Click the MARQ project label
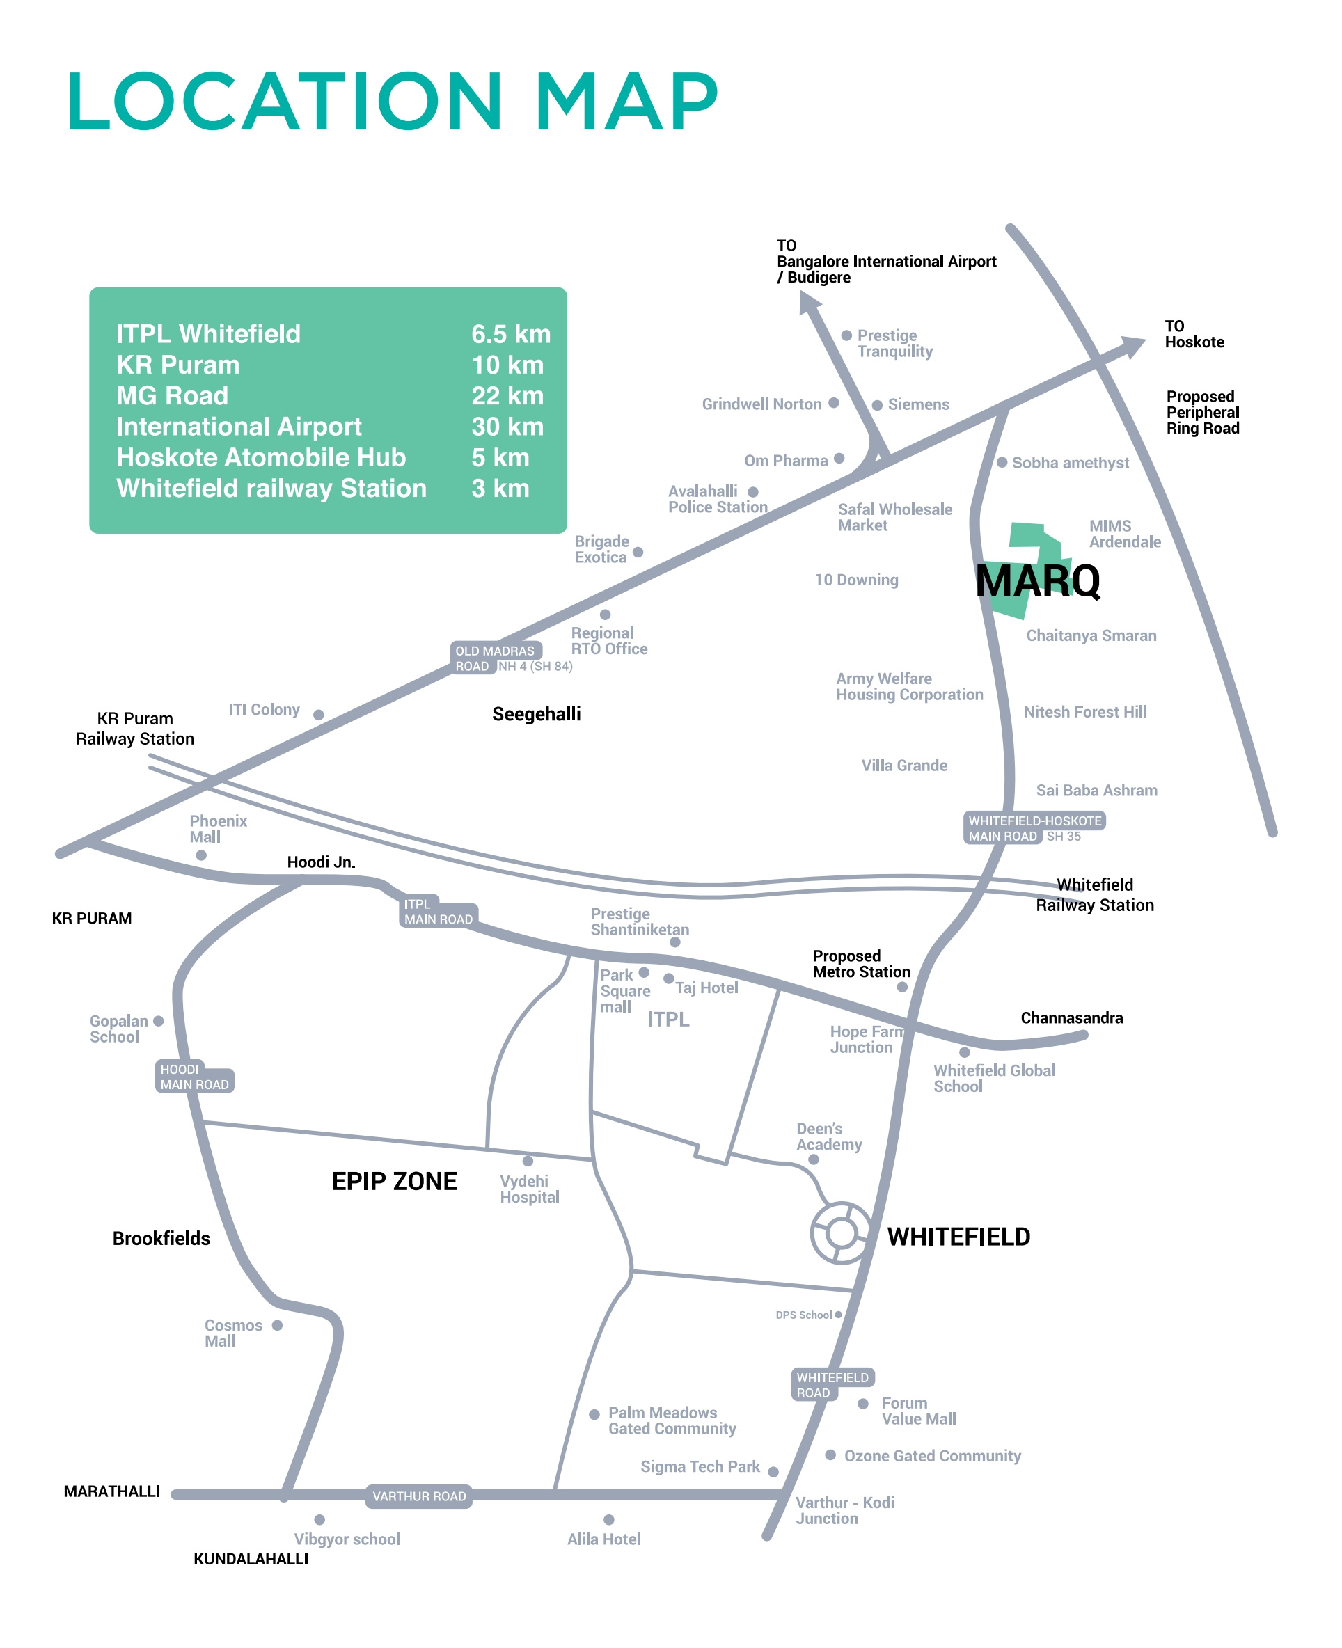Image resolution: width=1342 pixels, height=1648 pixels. pos(1037,580)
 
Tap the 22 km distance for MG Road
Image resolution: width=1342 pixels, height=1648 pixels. pos(507,396)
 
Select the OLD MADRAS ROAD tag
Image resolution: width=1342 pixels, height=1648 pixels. pos(496,658)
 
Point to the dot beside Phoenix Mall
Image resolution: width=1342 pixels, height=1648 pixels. pos(201,855)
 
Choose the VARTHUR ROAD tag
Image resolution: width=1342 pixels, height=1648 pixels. pos(419,1496)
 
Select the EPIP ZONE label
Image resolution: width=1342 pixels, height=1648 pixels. pos(394,1181)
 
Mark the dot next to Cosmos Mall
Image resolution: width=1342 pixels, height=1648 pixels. pos(278,1325)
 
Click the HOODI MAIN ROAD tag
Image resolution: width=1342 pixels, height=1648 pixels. pos(194,1076)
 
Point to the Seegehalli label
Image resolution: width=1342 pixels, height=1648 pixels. pos(537,713)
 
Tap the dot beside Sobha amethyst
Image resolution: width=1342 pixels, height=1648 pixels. pos(1002,462)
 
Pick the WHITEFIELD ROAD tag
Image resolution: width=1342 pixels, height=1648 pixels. pos(833,1384)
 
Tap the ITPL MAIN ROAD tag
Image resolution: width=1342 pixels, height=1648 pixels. pos(439,912)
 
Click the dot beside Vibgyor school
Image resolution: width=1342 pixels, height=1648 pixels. pos(319,1520)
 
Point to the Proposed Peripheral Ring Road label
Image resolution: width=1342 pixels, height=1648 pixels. pos(1203,413)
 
